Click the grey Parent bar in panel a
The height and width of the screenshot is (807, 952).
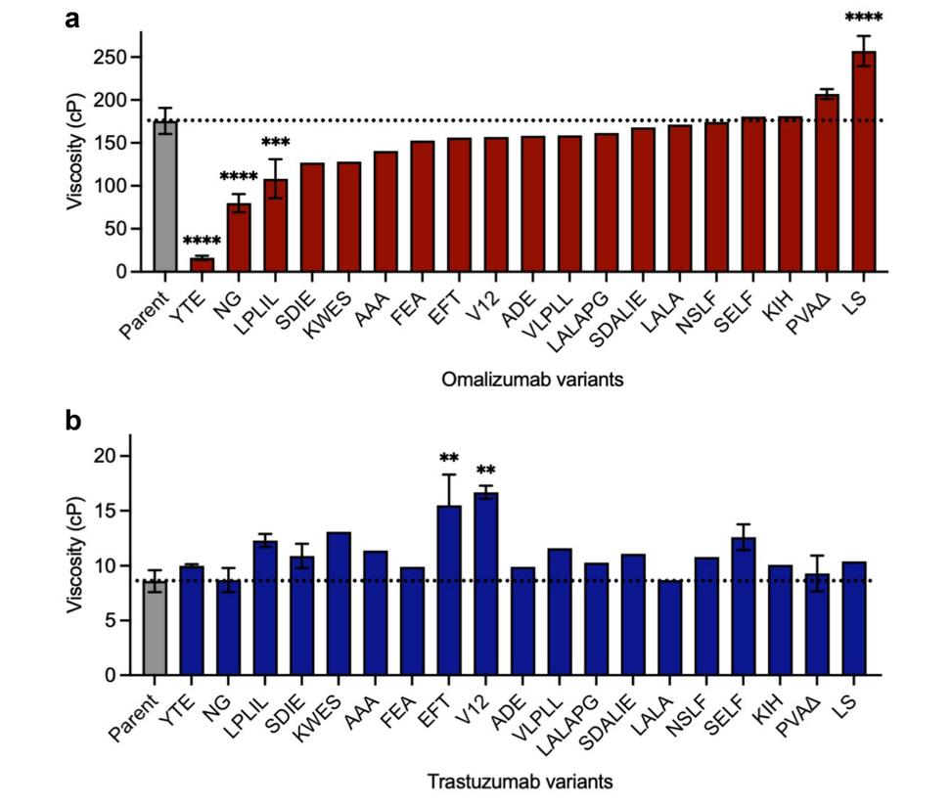click(166, 201)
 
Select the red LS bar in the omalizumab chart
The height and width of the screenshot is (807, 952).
click(864, 166)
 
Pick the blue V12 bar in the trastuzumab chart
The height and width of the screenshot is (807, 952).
click(485, 587)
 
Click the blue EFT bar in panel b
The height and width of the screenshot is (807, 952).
click(449, 592)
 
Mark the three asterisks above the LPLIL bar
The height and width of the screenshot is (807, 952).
click(276, 144)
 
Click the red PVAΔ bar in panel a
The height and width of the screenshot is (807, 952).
click(827, 186)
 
